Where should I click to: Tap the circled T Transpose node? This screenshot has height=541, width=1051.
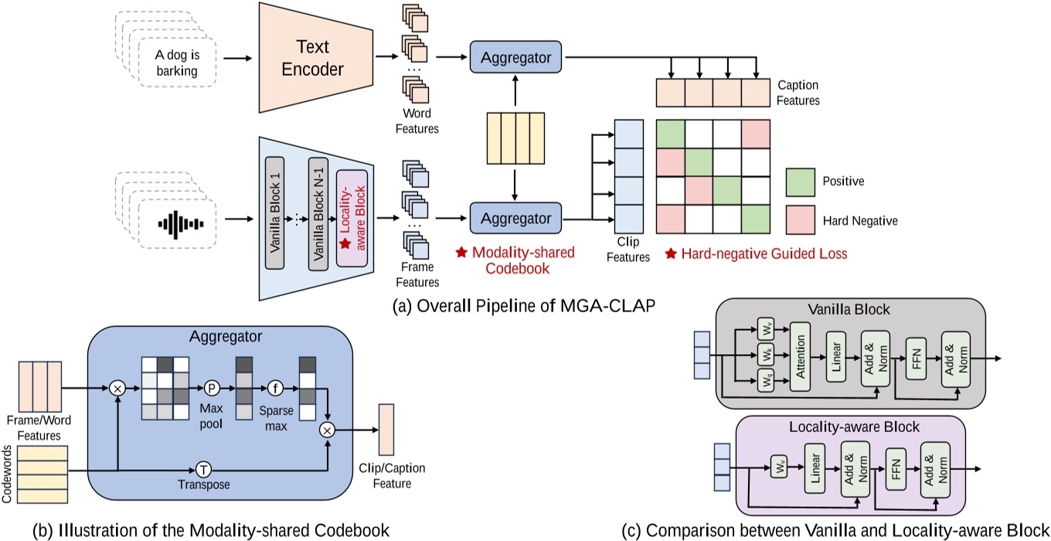pyautogui.click(x=203, y=469)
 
